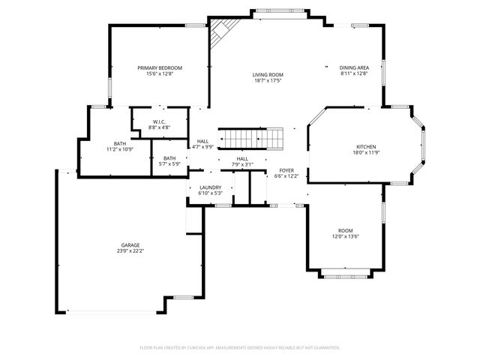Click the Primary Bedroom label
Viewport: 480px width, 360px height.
coord(160,68)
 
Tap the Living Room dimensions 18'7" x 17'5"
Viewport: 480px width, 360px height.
coord(267,80)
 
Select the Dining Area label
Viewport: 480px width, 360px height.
coord(354,68)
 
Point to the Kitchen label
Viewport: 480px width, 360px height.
coord(366,146)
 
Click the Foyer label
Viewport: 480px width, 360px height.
coord(286,170)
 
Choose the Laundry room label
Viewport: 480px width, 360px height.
coord(210,187)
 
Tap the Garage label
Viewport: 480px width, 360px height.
coord(130,245)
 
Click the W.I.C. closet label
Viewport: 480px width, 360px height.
coord(159,121)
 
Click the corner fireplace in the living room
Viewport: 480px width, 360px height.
coord(219,32)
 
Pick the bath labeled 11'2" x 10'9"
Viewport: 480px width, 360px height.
coord(120,146)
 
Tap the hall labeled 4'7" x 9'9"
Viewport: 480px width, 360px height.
coord(202,144)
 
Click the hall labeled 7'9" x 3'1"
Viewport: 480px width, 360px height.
coord(242,162)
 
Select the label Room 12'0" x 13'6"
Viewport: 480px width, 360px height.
coord(345,233)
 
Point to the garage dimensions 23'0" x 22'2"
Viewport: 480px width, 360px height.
coord(130,251)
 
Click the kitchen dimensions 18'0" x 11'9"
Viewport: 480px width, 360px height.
coord(366,153)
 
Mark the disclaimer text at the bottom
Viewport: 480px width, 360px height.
coord(240,348)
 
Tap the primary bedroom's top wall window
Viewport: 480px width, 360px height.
coord(196,26)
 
